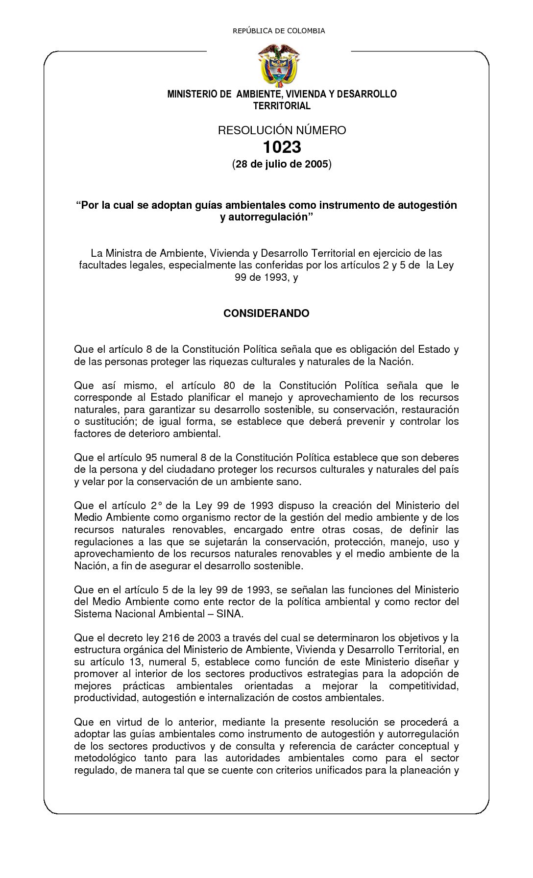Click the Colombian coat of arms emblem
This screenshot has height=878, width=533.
pyautogui.click(x=279, y=65)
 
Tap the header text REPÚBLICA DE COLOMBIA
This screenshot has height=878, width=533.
pyautogui.click(x=279, y=31)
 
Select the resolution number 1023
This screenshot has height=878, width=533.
pyautogui.click(x=282, y=146)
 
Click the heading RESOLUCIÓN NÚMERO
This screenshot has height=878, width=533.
pyautogui.click(x=282, y=130)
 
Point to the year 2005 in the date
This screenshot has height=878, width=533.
pyautogui.click(x=316, y=164)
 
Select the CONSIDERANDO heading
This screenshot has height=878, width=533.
pyautogui.click(x=266, y=314)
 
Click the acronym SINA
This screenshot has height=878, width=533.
pyautogui.click(x=229, y=613)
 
